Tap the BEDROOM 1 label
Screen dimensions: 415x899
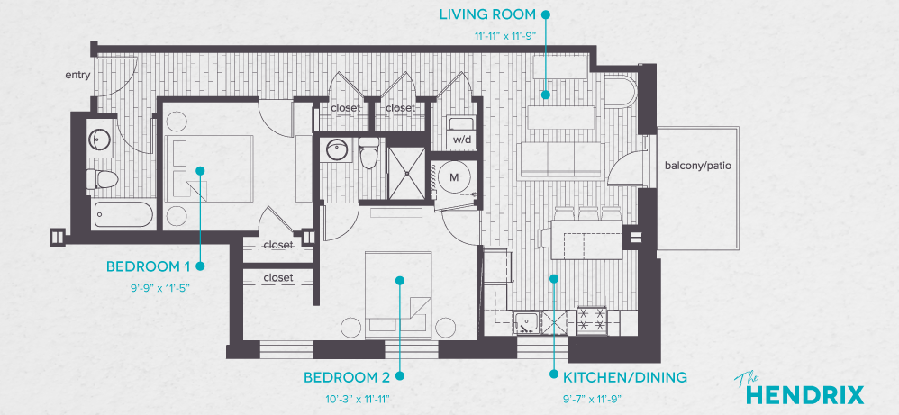tap(148, 266)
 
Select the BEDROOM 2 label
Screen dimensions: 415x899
tap(346, 376)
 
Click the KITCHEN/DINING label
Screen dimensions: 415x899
tap(624, 376)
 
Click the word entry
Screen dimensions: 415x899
tap(77, 75)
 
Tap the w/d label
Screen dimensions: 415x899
tap(461, 140)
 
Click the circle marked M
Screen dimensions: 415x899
tap(454, 177)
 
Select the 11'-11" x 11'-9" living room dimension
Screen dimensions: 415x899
tap(505, 37)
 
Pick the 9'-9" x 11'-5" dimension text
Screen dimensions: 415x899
tap(160, 288)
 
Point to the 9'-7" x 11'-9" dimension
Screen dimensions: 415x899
tap(592, 398)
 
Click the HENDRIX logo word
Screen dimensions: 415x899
tap(805, 394)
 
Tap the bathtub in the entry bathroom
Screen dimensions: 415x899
tap(121, 214)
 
